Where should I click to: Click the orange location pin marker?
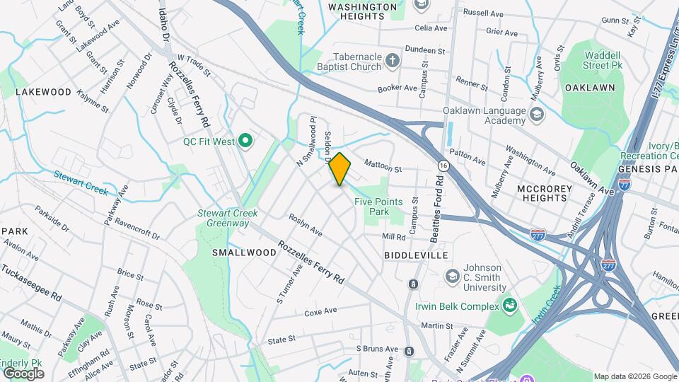[340, 169]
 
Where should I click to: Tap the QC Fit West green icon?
[245, 141]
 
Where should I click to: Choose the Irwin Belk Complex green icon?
[509, 306]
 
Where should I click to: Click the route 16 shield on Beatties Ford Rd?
[443, 165]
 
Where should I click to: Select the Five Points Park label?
[378, 207]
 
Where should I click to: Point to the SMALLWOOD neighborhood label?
[244, 253]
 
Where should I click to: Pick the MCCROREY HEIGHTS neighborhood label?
[542, 194]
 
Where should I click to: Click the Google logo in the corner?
[23, 373]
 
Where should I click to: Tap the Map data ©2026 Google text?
[634, 376]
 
